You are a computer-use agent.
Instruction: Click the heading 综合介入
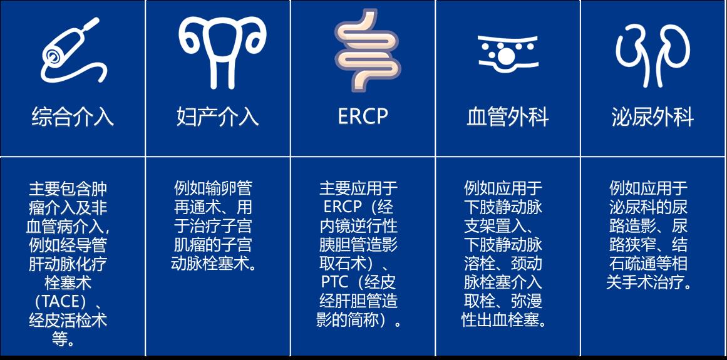click(73, 117)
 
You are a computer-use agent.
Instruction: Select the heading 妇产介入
click(218, 117)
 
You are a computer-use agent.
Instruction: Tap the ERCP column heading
click(363, 116)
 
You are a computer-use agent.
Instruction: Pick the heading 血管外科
click(508, 117)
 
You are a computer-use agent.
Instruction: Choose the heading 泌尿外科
click(652, 117)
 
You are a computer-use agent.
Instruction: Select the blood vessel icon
click(507, 53)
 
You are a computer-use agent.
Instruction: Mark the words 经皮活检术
click(68, 321)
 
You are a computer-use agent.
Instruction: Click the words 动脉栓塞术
click(209, 263)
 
